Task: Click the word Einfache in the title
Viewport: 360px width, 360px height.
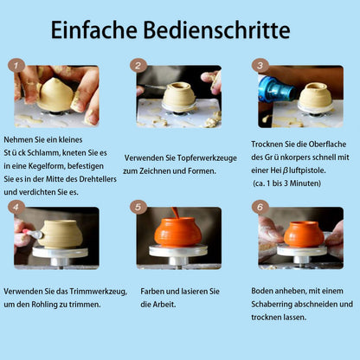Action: pos(93,29)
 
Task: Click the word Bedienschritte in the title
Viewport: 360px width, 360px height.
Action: pos(216,29)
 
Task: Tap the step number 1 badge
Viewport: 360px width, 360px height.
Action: pos(16,66)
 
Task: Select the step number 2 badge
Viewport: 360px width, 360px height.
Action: pos(138,66)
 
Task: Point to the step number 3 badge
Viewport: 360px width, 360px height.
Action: pos(260,66)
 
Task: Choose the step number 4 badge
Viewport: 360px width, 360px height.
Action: pos(16,207)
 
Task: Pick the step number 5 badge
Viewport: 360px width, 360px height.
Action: pos(138,207)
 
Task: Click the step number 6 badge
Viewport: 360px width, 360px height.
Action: pos(260,207)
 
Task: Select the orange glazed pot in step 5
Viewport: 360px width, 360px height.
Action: pos(178,232)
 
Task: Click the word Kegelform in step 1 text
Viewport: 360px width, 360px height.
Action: pos(46,166)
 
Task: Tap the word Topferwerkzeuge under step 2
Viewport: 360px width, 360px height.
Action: pos(207,158)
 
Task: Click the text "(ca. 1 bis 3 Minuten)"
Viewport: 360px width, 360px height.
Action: pos(287,183)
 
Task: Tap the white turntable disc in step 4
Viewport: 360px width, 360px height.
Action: pos(60,252)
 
